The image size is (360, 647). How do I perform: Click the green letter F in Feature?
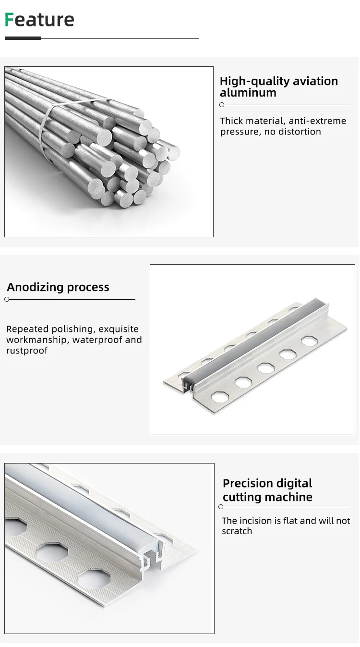9,20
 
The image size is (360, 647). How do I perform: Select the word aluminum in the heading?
248,93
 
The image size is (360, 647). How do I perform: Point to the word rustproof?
27,351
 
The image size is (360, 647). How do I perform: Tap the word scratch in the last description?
237,531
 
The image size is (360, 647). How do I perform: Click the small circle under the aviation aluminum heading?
222,105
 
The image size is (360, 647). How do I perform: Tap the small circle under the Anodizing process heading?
7,299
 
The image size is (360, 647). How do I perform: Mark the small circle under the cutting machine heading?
221,507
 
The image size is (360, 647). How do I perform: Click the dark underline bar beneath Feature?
23,38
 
